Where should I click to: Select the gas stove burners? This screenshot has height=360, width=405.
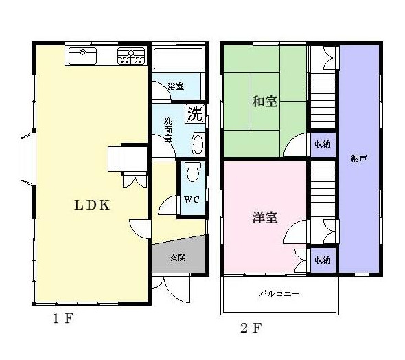click(132, 56)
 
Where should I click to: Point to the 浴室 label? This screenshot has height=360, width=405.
click(176, 87)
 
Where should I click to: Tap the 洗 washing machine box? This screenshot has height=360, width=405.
click(195, 113)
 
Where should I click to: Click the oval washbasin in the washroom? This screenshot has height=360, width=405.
click(198, 144)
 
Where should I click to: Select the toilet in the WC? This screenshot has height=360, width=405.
click(192, 173)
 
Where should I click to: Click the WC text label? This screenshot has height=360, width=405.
click(192, 201)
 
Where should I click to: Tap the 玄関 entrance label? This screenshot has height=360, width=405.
click(178, 258)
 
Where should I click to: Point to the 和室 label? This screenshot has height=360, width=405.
click(264, 102)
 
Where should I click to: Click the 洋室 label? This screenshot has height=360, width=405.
click(264, 218)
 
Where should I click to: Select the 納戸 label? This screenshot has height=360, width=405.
click(358, 159)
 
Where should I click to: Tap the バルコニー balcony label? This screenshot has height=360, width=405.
click(279, 294)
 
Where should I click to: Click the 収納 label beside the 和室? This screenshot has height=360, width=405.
click(323, 144)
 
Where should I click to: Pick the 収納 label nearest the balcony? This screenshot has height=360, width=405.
click(323, 260)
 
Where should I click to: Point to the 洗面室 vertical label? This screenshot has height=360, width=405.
click(167, 129)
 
